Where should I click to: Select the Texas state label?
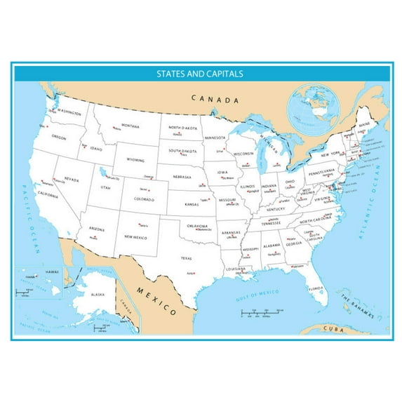pyautogui.click(x=186, y=258)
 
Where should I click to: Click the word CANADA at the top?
pyautogui.click(x=216, y=100)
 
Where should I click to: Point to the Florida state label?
pyautogui.click(x=315, y=288)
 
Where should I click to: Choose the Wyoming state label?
pyautogui.click(x=135, y=159)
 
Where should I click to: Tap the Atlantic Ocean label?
pyautogui.click(x=380, y=197)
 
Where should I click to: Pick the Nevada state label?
pyautogui.click(x=72, y=179)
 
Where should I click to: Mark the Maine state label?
pyautogui.click(x=363, y=125)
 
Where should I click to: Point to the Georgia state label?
pyautogui.click(x=294, y=243)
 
